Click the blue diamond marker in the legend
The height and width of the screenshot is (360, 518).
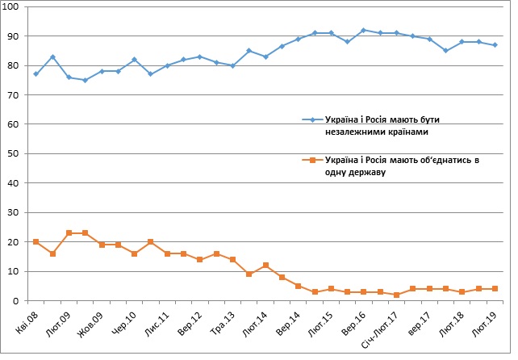307,120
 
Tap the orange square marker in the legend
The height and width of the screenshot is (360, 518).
307,161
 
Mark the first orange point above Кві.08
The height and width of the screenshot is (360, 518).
36,242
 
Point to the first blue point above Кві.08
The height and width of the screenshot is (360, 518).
36,74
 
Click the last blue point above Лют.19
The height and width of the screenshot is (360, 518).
495,45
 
